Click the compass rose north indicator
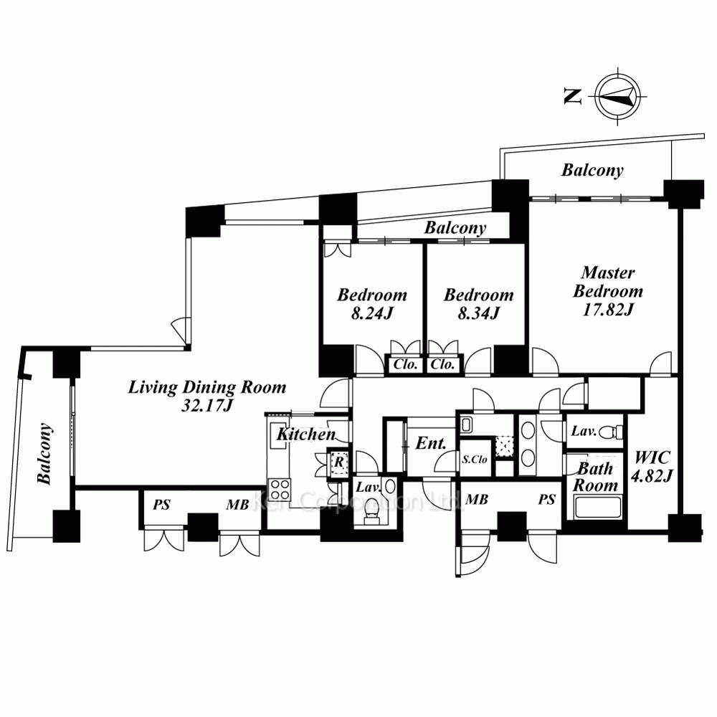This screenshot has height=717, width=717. coord(617,97)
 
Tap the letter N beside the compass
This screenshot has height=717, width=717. coord(572,97)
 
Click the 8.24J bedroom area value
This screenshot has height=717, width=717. coord(372,314)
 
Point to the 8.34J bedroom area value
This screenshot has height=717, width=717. coord(479,314)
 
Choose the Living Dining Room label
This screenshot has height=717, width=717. coord(207,387)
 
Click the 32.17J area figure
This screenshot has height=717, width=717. coord(207,406)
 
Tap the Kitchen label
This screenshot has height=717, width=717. coord(306,434)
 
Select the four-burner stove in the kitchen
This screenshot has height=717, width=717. coord(279,489)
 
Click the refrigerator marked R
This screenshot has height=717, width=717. coord(339,462)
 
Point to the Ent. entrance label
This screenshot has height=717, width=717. coord(430,443)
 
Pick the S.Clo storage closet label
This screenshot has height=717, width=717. coord(475,459)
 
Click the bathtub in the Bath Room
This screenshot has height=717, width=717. coord(594,507)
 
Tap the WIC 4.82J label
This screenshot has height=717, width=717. coord(652,467)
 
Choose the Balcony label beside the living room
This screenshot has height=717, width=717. coord(44,454)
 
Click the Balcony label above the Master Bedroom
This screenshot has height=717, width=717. coord(592,170)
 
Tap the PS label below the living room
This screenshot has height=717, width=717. coord(161,505)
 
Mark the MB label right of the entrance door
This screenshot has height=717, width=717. coord(477,499)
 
